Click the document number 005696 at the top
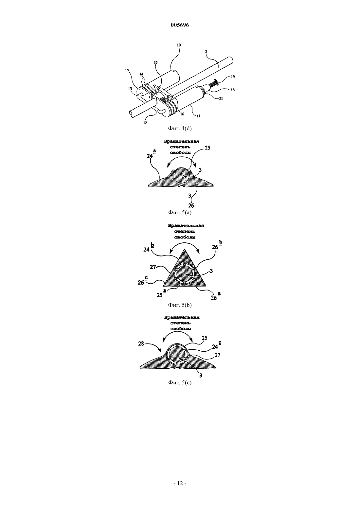[x=180, y=25]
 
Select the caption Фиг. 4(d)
[x=180, y=128]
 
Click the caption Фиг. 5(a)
[x=180, y=212]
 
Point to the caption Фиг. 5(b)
[x=180, y=305]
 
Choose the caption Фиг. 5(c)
[x=180, y=382]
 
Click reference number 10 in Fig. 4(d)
[x=179, y=45]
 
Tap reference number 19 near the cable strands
[x=233, y=77]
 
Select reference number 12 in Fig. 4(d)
[x=145, y=123]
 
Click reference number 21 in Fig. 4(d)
[x=221, y=98]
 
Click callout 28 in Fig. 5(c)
[x=141, y=343]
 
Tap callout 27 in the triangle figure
[x=153, y=267]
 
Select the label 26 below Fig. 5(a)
[x=191, y=205]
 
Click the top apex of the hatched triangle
[x=184, y=249]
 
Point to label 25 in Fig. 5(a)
[x=207, y=148]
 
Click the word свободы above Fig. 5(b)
[x=185, y=237]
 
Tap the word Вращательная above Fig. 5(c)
[x=182, y=317]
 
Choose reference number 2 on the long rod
[x=206, y=52]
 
